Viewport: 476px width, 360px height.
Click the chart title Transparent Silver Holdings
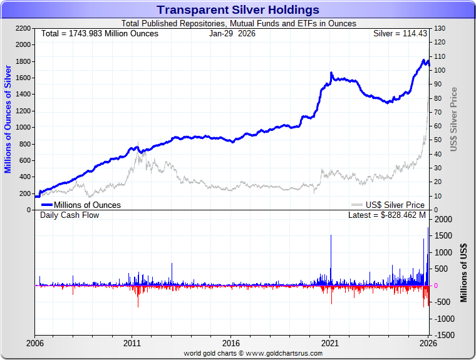(238, 10)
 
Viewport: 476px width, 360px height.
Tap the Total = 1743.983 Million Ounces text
(100, 33)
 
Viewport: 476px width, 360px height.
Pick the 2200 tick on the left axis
(23, 29)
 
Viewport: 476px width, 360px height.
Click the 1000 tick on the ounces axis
(23, 127)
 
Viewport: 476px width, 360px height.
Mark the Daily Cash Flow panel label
(70, 215)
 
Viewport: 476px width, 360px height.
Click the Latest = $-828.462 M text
(386, 215)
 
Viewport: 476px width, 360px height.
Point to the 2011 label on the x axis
(132, 343)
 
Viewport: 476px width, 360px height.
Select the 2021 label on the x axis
(330, 343)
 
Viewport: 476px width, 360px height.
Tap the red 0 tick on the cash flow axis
(435, 285)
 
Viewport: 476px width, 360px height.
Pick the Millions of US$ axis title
(464, 272)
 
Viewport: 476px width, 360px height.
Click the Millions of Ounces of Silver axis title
(8, 119)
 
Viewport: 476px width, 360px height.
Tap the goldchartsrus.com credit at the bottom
(253, 353)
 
